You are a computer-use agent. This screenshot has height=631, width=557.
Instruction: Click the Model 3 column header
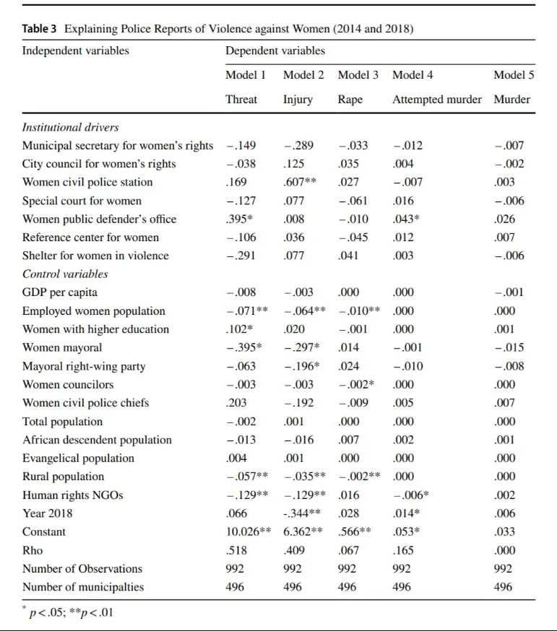pos(358,75)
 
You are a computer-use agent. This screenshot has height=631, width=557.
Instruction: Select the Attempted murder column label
pos(436,100)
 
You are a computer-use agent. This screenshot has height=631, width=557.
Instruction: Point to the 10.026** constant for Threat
pos(250,532)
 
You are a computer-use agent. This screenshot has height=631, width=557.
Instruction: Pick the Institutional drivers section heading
pos(70,128)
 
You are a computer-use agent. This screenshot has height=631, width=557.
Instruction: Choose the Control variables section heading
pos(65,274)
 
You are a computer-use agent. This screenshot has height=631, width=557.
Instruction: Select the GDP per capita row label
pos(60,293)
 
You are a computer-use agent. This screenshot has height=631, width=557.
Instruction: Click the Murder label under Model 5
pos(511,100)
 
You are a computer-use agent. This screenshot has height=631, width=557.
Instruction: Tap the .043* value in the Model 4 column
pos(407,219)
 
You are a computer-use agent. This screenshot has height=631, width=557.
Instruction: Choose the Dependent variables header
pos(275,51)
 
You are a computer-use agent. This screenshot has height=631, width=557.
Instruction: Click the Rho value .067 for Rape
pos(348,551)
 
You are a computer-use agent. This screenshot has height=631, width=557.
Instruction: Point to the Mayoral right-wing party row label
pos(84,367)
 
